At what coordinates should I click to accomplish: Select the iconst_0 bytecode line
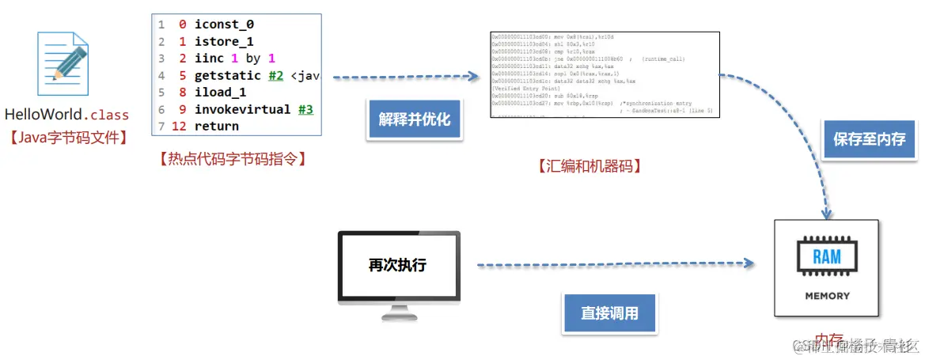pyautogui.click(x=224, y=25)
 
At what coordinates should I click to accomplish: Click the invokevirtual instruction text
pyautogui.click(x=242, y=109)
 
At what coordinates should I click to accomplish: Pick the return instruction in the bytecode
pyautogui.click(x=216, y=126)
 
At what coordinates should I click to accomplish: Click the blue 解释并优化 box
pyautogui.click(x=414, y=119)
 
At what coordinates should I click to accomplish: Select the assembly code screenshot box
pyautogui.click(x=604, y=74)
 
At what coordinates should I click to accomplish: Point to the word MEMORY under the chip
pyautogui.click(x=827, y=296)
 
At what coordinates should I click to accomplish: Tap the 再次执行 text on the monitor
pyautogui.click(x=397, y=265)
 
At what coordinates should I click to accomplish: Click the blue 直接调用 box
pyautogui.click(x=609, y=313)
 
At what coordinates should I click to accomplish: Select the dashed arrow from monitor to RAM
pyautogui.click(x=613, y=263)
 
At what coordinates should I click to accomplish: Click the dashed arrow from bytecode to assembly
pyautogui.click(x=405, y=78)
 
